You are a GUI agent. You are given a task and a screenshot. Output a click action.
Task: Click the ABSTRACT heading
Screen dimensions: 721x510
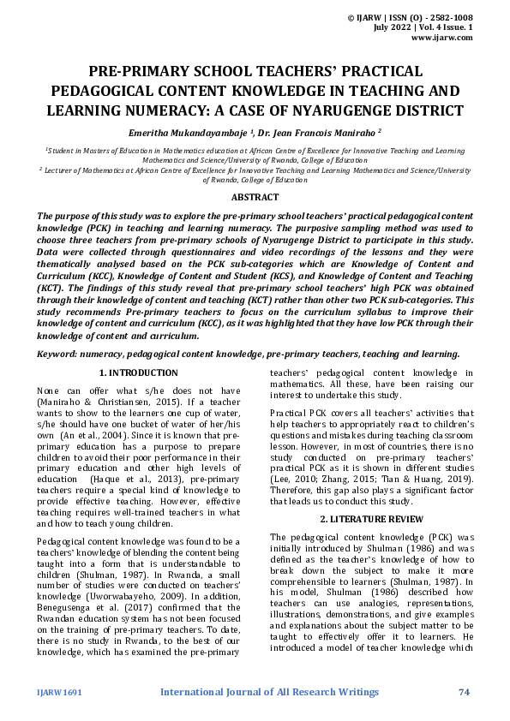click(x=255, y=196)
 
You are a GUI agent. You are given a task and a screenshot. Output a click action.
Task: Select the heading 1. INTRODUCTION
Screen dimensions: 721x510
click(x=138, y=372)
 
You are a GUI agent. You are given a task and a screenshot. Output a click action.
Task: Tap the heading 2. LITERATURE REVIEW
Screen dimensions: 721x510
click(x=370, y=520)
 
